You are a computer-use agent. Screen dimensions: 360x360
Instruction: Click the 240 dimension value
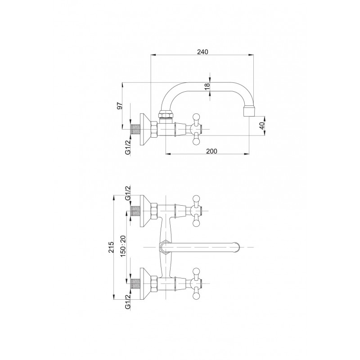click(x=202, y=52)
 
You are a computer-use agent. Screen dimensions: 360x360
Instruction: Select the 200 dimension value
click(x=211, y=151)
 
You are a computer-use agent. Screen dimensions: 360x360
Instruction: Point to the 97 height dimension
click(x=120, y=106)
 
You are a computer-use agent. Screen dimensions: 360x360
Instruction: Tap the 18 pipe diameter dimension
click(x=207, y=86)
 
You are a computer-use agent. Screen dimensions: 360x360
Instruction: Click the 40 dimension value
click(x=262, y=126)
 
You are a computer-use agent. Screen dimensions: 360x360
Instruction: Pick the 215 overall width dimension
click(x=111, y=247)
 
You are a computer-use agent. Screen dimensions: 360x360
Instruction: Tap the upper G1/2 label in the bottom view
click(x=128, y=193)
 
